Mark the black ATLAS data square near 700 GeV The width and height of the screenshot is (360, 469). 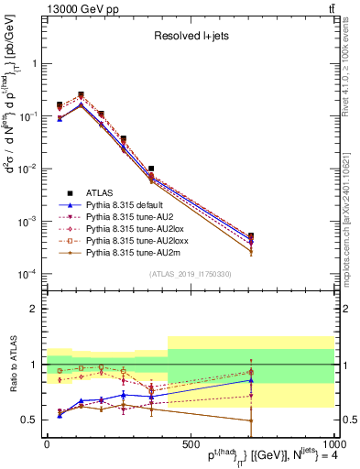251,235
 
